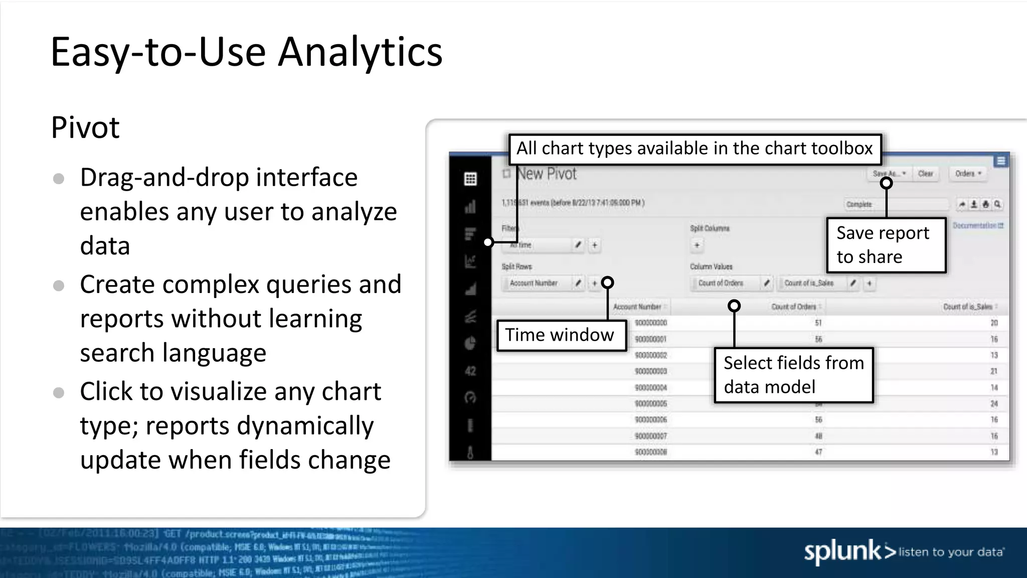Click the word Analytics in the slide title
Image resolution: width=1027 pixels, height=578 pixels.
point(360,52)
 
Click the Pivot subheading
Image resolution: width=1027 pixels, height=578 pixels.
point(85,127)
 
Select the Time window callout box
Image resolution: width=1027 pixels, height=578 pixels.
point(561,335)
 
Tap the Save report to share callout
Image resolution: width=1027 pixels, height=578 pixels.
point(886,245)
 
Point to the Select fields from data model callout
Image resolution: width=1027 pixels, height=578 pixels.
point(793,375)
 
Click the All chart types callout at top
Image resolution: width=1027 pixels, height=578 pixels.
point(695,149)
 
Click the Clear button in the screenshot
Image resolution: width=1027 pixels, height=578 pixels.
point(925,174)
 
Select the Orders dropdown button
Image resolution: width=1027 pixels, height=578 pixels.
point(967,174)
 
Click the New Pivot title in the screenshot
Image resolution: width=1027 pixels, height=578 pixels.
point(547,174)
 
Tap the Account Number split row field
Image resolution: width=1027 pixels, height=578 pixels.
point(534,283)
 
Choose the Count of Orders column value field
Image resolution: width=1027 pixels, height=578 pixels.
point(721,283)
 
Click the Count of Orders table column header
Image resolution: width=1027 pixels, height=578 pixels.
point(794,307)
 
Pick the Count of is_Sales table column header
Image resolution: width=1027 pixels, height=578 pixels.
point(968,307)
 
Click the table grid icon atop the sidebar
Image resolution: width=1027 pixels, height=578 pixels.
point(470,179)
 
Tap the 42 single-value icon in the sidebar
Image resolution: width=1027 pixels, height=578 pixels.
point(470,371)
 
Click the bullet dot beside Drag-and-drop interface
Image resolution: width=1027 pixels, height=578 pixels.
point(59,179)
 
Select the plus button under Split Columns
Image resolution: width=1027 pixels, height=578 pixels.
point(697,245)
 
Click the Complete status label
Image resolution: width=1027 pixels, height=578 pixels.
point(859,205)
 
